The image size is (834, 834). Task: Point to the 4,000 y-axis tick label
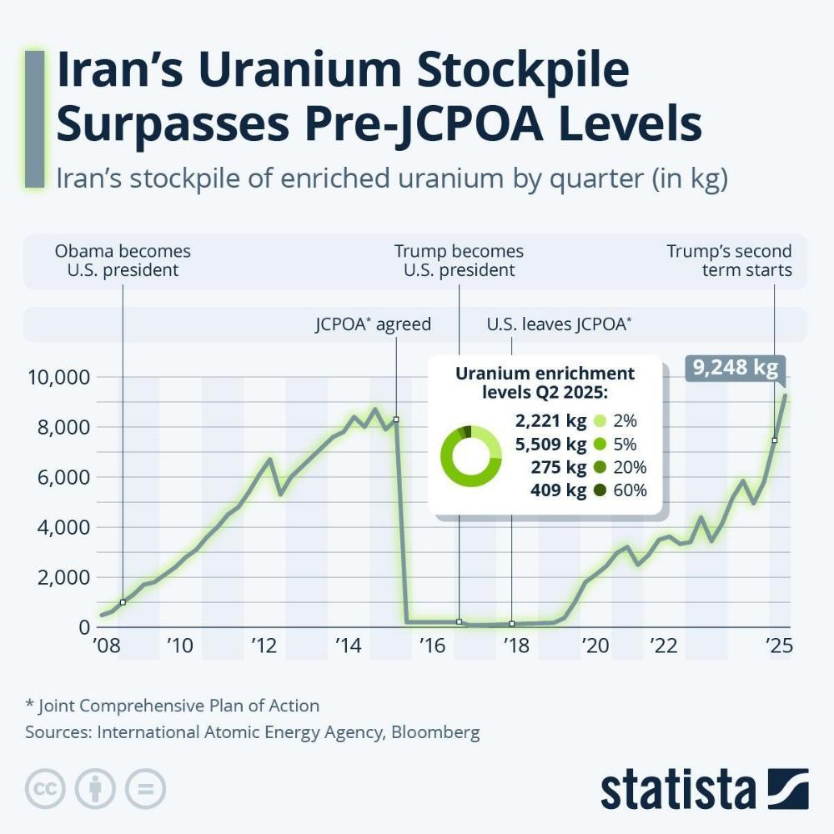(59, 527)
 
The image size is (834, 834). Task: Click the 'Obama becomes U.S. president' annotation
(123, 260)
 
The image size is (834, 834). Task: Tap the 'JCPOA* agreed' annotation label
(373, 324)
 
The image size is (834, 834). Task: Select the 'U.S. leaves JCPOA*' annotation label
(559, 324)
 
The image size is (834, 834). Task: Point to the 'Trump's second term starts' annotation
(729, 260)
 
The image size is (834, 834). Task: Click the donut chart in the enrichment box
(470, 455)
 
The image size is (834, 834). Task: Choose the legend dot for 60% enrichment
(599, 490)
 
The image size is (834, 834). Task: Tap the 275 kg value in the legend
(557, 467)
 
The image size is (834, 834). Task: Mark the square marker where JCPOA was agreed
(396, 420)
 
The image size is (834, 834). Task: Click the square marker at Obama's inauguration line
(123, 602)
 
